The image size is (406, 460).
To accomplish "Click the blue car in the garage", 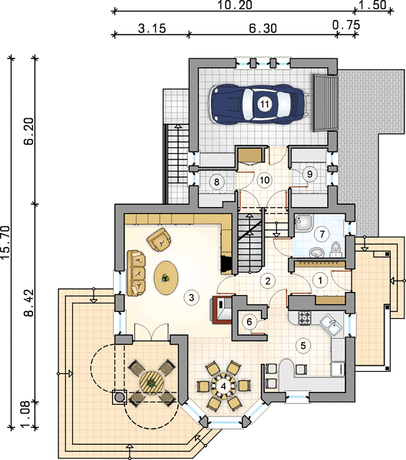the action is click(x=259, y=103).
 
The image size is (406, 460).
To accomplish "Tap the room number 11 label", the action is click(x=265, y=103).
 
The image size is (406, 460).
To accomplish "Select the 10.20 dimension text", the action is click(x=235, y=5).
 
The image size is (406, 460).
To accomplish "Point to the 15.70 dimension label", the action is click(x=5, y=242).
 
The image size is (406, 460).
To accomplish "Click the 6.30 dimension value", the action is click(x=263, y=28).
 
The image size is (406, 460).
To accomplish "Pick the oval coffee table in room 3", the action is click(x=166, y=278).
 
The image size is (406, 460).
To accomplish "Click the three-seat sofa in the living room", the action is click(x=137, y=273).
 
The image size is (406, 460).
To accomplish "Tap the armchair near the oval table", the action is click(x=159, y=239).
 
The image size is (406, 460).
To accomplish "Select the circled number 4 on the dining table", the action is click(x=223, y=386).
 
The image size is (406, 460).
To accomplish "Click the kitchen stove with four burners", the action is click(x=305, y=317).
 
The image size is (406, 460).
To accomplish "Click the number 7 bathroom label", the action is click(x=322, y=234).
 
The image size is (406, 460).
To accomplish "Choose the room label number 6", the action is click(x=249, y=322).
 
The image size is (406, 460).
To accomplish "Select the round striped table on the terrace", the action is click(x=152, y=383).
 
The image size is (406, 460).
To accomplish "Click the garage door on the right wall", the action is click(x=325, y=103).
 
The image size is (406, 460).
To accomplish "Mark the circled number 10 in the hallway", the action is click(x=265, y=180).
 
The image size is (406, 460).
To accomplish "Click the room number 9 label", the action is click(x=309, y=174).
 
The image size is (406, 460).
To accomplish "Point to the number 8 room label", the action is click(x=216, y=182).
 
